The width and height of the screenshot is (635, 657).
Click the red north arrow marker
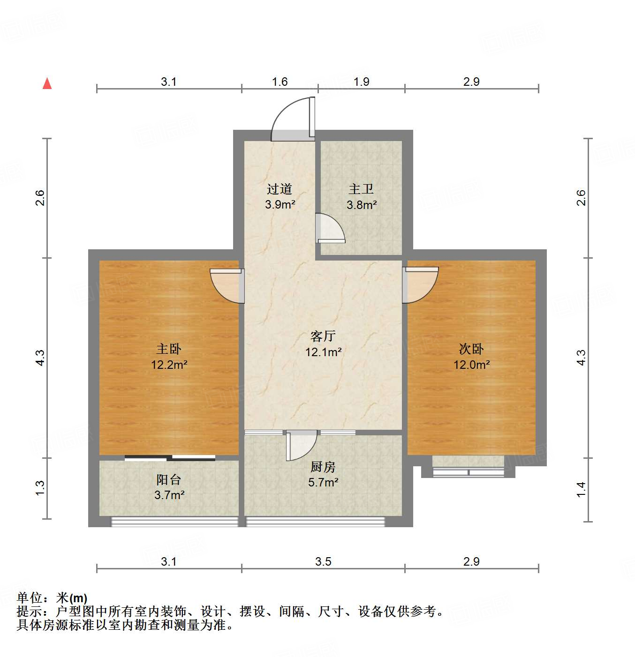tap(47, 83)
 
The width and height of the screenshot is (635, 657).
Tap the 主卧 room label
tap(168, 349)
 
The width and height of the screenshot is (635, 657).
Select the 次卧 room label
tap(471, 349)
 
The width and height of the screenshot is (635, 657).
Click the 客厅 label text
tap(323, 336)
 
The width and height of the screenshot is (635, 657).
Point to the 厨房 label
tap(323, 467)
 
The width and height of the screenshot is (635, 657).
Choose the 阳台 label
tap(168, 479)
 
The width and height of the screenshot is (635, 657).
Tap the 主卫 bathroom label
tap(361, 189)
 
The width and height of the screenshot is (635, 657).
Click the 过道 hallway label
tap(280, 189)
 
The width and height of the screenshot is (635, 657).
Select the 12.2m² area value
tap(169, 364)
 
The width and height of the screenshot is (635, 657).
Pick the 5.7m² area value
tap(323, 482)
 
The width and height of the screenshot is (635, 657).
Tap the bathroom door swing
tap(330, 228)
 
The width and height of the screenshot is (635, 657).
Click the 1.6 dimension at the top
tap(280, 82)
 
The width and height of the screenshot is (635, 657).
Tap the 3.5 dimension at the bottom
tap(323, 561)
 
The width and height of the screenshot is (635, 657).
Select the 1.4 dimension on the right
tap(581, 489)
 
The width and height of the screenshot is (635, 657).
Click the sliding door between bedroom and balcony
tap(170, 457)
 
